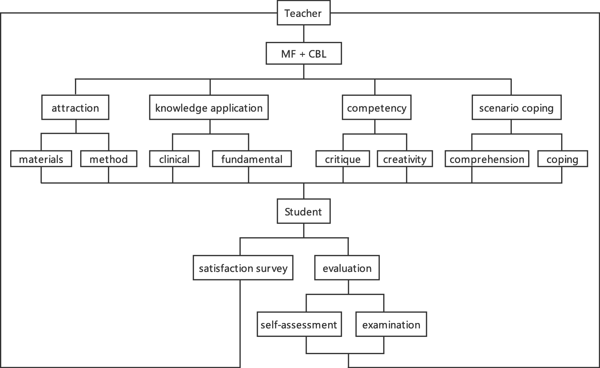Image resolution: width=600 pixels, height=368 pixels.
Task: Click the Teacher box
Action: click(303, 13)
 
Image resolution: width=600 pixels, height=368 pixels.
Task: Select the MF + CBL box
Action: click(303, 54)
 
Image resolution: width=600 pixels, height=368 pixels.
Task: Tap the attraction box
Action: click(75, 107)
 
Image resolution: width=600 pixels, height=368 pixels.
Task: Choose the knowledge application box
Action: click(209, 107)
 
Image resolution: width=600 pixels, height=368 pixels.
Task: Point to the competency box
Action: click(376, 107)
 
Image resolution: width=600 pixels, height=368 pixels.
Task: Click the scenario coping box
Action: click(516, 107)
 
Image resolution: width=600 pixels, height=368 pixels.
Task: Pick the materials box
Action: click(41, 159)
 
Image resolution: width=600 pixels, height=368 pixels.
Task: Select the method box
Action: click(109, 159)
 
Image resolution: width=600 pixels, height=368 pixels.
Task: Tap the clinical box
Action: click(174, 159)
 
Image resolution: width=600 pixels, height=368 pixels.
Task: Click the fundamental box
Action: click(252, 159)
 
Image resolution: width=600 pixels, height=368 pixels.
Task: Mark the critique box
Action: click(343, 159)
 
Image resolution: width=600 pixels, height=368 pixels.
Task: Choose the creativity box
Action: click(405, 159)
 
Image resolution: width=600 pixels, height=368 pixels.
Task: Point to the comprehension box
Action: click(487, 159)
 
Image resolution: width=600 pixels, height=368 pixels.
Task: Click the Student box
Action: click(303, 211)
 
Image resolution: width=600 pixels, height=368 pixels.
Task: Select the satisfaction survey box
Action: click(243, 268)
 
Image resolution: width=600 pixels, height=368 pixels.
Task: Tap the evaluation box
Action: click(347, 268)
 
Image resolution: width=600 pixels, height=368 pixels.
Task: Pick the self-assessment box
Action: click(299, 324)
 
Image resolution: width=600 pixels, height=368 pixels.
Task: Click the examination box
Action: click(391, 324)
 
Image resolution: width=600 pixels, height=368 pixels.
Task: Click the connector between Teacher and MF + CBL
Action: click(304, 34)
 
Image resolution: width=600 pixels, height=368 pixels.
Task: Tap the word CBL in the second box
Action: click(317, 54)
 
